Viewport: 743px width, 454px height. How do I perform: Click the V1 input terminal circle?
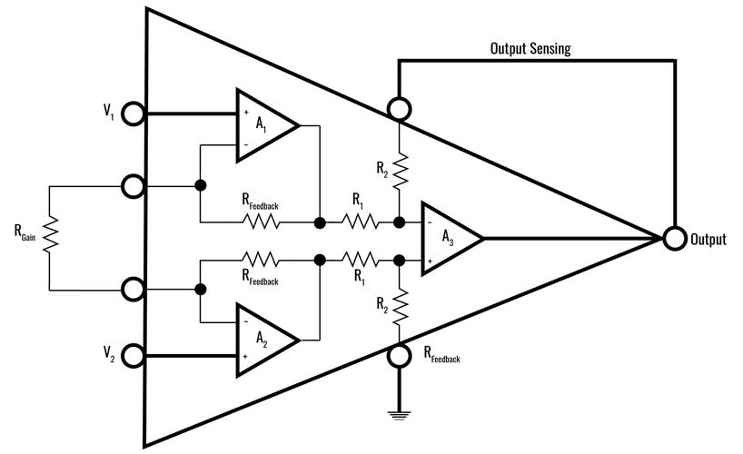[134, 114]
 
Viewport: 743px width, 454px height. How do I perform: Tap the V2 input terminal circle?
[134, 354]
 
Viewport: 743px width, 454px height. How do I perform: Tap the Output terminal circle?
[673, 239]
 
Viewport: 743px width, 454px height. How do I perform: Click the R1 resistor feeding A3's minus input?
[360, 222]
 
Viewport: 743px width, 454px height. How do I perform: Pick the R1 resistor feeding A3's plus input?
[360, 259]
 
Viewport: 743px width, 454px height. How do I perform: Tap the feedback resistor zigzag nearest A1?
[260, 222]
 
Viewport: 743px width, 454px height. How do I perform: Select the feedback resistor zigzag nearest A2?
[260, 259]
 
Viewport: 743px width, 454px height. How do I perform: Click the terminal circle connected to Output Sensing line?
[399, 110]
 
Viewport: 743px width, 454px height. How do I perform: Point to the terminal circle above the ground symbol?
[399, 355]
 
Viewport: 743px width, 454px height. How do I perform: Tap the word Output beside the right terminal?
[708, 240]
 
